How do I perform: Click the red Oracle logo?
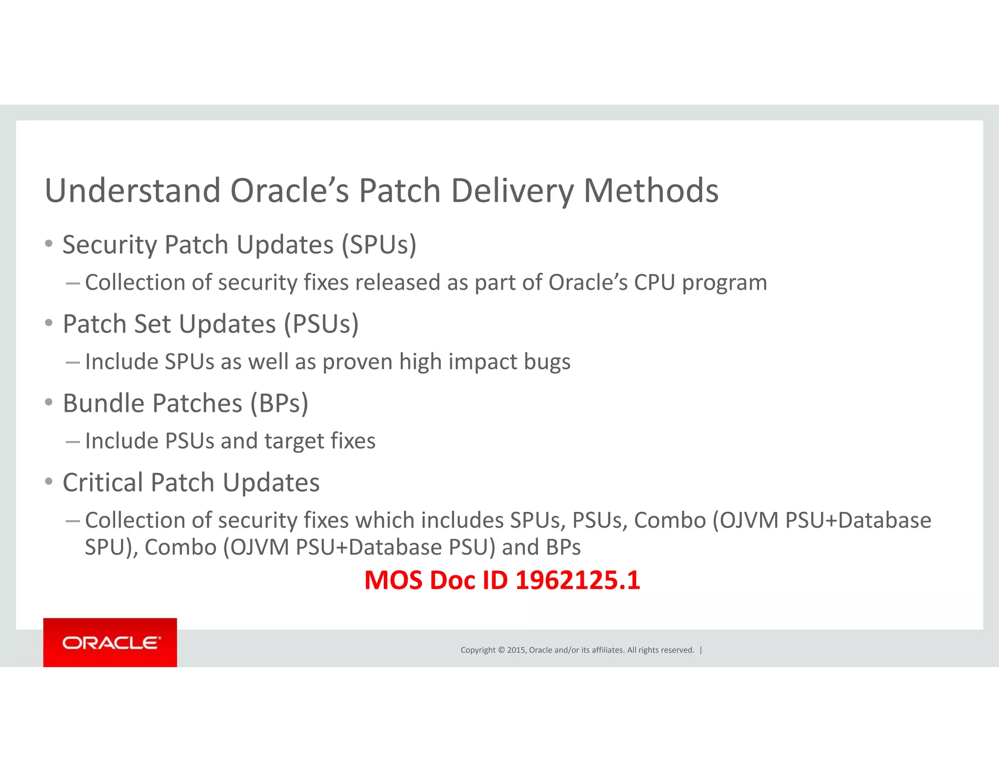point(110,642)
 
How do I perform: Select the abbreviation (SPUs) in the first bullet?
point(379,245)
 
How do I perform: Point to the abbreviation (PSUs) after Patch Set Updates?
point(321,325)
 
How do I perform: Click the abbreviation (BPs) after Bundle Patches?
point(280,404)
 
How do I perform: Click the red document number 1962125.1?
point(578,580)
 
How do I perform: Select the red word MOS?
point(394,580)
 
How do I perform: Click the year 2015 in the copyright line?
point(516,650)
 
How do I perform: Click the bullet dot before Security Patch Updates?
point(48,244)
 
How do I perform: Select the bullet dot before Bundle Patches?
point(48,402)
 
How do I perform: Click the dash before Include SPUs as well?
point(73,362)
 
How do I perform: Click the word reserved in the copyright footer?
point(678,650)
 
